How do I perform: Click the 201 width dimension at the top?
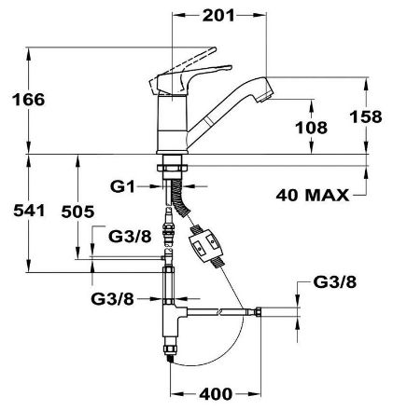(218, 16)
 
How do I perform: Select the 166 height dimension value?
(28, 100)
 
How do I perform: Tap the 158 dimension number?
(366, 116)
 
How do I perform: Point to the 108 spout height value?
(311, 128)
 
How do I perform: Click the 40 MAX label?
(313, 195)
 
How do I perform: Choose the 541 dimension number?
(29, 211)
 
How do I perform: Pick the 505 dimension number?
(77, 212)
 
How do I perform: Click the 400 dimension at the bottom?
(216, 394)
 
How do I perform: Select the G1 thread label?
(122, 186)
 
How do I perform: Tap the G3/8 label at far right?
(335, 282)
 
